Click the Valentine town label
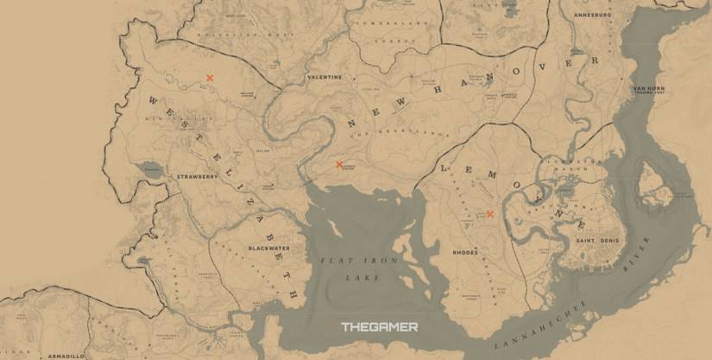click(324, 78)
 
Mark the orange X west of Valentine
click(210, 79)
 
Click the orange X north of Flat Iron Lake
click(339, 164)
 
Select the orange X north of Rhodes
click(489, 214)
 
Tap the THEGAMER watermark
click(379, 327)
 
